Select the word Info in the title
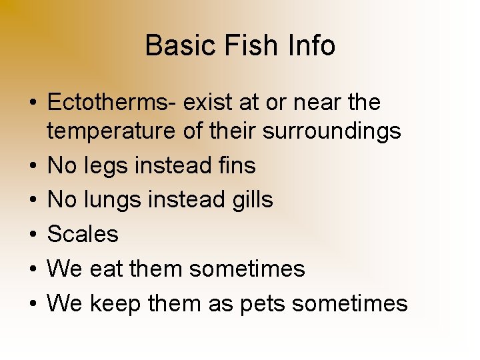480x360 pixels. click(312, 46)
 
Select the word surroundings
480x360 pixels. click(332, 132)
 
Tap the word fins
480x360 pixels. click(237, 165)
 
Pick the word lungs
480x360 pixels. click(112, 199)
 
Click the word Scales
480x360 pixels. click(83, 234)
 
